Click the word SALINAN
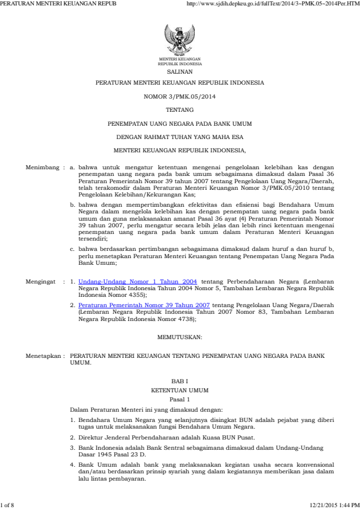[x=180, y=70]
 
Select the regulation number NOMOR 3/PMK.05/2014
[x=180, y=96]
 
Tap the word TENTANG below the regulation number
[x=180, y=109]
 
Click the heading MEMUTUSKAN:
[x=180, y=336]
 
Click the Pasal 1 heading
[x=180, y=400]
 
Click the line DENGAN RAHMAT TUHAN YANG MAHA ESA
[x=180, y=136]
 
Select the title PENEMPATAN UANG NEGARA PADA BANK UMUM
[x=180, y=123]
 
